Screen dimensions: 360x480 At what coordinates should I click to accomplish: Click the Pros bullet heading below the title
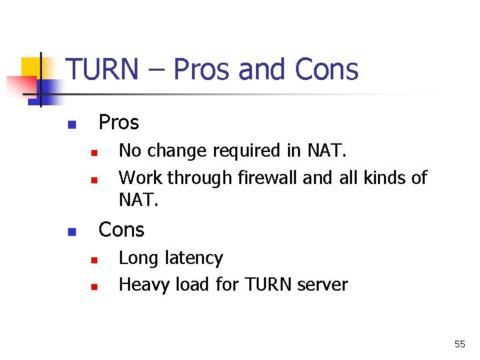coord(119,123)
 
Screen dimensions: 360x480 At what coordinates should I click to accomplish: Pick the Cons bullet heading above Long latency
coord(121,230)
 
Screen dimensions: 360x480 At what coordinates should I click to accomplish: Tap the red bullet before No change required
coord(95,153)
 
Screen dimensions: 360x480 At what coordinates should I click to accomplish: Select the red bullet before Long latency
coord(95,260)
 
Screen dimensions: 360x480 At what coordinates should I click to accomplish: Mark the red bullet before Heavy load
coord(95,287)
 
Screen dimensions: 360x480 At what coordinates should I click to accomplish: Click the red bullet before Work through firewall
coord(95,180)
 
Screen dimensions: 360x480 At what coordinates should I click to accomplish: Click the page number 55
coord(459,344)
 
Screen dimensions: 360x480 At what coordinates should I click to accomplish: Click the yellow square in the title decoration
coord(32,67)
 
